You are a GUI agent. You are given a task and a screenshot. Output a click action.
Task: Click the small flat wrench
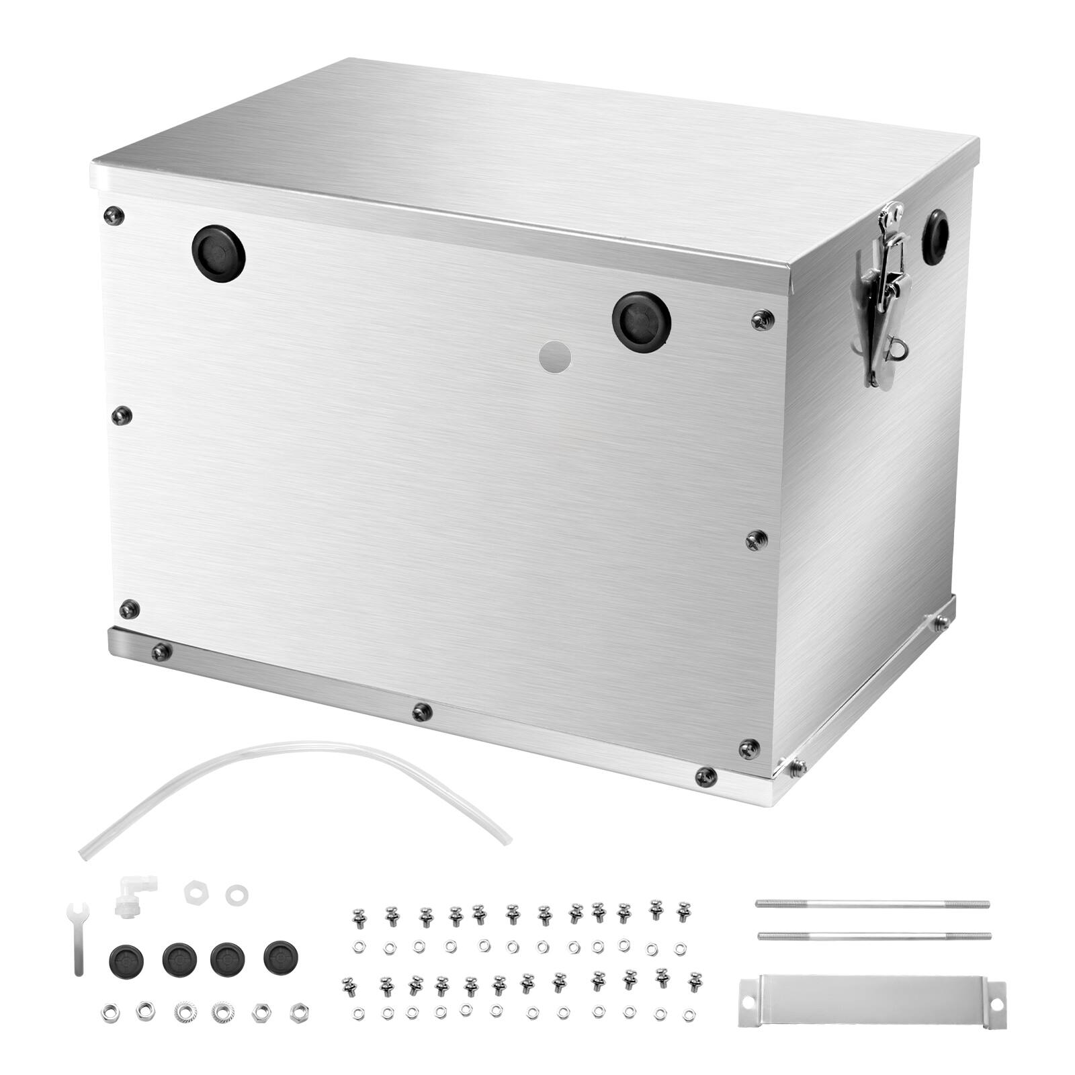point(76,937)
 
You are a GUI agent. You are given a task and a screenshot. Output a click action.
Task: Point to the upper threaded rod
point(872,904)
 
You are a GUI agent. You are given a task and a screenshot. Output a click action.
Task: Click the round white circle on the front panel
point(556,355)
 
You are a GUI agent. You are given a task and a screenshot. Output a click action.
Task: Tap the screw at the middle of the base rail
point(422,712)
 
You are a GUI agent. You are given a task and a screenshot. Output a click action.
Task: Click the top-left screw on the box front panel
point(114,215)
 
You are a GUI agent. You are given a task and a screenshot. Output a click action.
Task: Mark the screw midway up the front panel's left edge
point(122,415)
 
